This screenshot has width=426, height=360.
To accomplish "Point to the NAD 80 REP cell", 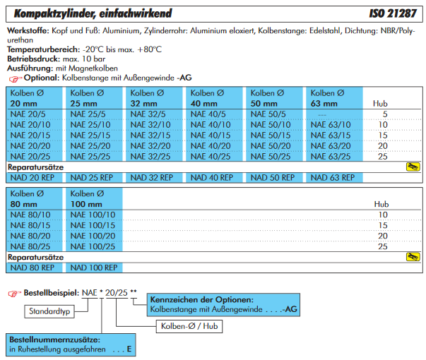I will (x=32, y=268).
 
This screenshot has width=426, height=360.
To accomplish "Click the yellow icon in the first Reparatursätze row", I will (x=413, y=167).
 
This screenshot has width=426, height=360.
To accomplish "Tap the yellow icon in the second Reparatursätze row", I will (x=413, y=257).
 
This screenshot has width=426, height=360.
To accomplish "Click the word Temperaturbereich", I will (x=40, y=49).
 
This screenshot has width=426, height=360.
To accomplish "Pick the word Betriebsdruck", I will (x=32, y=58).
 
